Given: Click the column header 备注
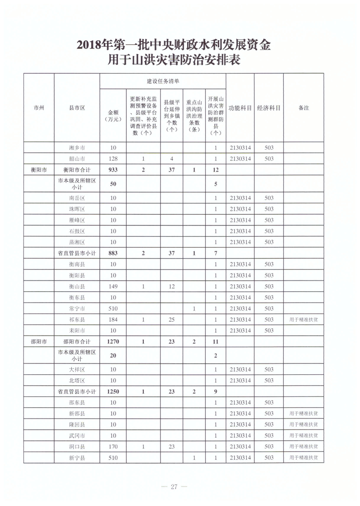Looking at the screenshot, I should pos(304,108).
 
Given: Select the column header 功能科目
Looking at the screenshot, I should pos(240,108).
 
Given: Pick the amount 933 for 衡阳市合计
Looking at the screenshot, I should pos(113,170).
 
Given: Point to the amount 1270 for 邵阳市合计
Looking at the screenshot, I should pos(113,341).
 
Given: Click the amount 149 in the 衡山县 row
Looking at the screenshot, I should pos(113,286).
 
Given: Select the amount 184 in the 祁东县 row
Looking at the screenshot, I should pos(113,320).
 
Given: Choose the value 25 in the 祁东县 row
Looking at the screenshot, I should pos(171,320).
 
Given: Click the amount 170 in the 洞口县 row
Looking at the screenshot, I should pos(113,446).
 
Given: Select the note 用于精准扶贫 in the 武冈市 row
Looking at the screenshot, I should pos(304,436).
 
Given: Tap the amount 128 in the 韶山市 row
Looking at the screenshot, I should pos(113,159).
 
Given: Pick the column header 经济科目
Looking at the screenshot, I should pos(269,108).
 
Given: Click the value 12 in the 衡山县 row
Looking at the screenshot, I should pos(171,286).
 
